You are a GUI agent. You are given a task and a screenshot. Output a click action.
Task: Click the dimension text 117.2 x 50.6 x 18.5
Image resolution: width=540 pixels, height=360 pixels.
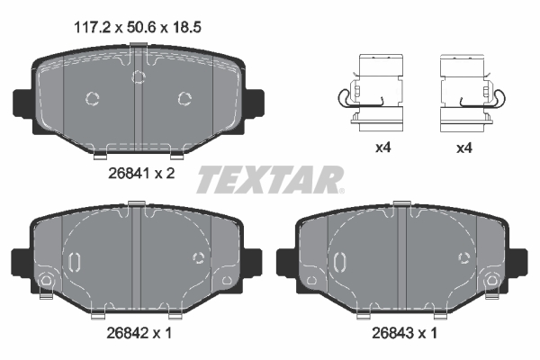(x=135, y=27)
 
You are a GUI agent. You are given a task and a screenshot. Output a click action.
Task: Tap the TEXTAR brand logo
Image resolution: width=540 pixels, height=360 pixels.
(x=269, y=179)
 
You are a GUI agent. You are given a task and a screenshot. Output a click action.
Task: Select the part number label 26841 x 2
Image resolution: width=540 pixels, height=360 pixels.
(x=135, y=174)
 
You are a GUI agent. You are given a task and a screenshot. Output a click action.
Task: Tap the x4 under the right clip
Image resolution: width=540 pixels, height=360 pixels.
(x=463, y=148)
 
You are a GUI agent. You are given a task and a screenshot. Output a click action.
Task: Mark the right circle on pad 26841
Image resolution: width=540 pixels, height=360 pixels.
(x=184, y=98)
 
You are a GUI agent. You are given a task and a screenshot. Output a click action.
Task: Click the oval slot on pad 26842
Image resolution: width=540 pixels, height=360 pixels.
(x=76, y=262)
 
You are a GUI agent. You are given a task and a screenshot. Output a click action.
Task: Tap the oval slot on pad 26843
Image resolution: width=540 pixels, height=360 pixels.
(x=340, y=262)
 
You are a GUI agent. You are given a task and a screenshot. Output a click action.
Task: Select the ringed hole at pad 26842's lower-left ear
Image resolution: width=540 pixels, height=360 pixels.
(x=44, y=284)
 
